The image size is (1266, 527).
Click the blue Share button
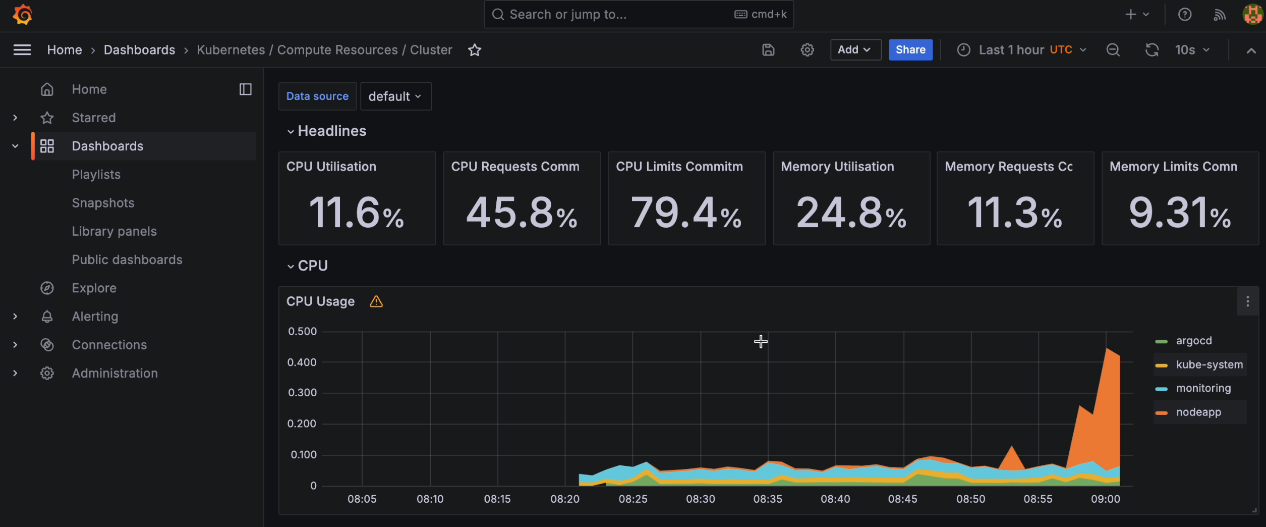[910, 49]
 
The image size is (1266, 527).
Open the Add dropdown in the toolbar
[855, 49]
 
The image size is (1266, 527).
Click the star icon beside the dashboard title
[475, 50]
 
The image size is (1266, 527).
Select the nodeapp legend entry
[1199, 412]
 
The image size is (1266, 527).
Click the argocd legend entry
[1194, 341]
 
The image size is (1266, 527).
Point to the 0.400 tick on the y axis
[302, 362]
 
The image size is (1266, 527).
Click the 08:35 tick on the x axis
[768, 499]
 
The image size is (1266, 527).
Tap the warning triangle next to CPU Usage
[376, 301]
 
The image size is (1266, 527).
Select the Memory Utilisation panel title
[837, 167]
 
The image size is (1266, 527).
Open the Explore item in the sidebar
[94, 288]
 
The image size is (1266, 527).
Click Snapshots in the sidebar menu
[103, 203]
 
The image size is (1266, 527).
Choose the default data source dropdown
[395, 96]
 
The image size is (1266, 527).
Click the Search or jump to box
[639, 14]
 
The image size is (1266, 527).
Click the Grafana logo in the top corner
[22, 15]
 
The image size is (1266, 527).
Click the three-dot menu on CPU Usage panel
[1247, 301]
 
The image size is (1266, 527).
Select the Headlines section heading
[331, 131]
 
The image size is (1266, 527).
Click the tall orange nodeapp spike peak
[1107, 349]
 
